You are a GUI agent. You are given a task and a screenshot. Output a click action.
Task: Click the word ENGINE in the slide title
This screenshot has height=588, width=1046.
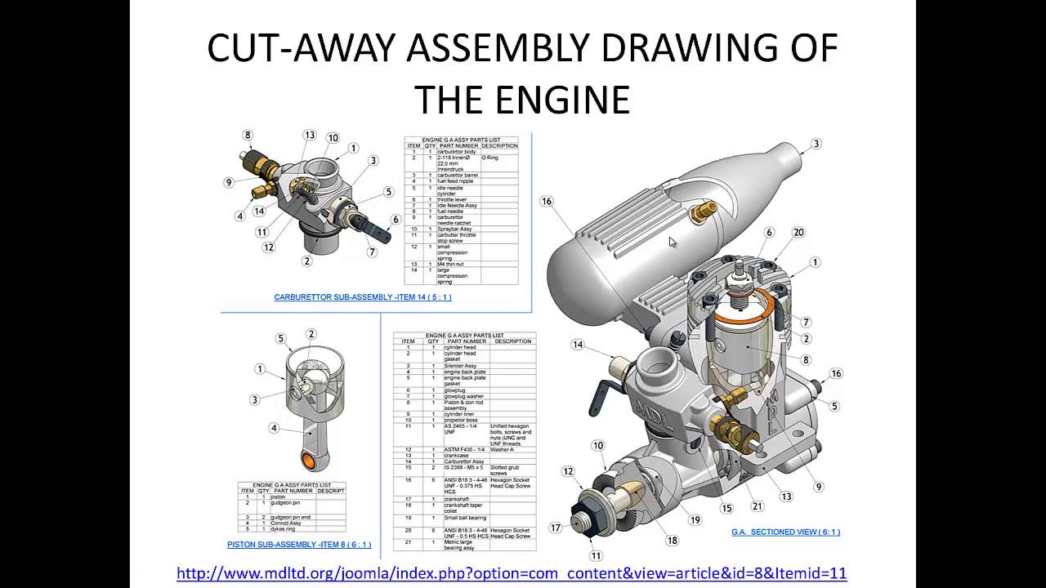[565, 98]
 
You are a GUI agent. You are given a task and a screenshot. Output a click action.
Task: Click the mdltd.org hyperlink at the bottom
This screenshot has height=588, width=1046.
[512, 573]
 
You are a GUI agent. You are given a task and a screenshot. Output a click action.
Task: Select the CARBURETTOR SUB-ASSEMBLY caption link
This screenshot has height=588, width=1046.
[363, 297]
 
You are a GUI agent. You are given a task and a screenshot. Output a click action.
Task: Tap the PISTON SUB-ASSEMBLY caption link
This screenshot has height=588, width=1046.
[299, 544]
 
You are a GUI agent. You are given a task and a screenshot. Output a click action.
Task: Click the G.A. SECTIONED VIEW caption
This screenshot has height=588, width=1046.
[785, 532]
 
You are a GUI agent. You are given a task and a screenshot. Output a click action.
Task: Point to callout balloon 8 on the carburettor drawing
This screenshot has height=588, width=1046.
[248, 136]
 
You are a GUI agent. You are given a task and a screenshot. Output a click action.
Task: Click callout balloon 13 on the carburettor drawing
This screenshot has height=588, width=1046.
[309, 136]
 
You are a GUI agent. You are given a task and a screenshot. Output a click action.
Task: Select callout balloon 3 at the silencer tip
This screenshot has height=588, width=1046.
[816, 145]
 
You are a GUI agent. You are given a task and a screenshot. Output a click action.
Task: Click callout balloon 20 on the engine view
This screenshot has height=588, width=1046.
[798, 233]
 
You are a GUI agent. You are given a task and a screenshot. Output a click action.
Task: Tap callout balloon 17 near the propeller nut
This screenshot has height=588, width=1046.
[556, 528]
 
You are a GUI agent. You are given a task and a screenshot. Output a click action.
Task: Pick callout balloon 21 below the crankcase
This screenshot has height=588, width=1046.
[758, 506]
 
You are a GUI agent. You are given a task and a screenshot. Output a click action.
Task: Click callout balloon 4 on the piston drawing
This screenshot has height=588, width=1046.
[275, 428]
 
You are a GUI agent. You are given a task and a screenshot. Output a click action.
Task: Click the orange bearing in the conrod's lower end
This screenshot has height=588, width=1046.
[309, 461]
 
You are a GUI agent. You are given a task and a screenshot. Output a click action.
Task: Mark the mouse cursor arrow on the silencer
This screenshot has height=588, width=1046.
[672, 243]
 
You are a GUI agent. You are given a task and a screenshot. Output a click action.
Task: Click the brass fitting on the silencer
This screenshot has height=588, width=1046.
[700, 214]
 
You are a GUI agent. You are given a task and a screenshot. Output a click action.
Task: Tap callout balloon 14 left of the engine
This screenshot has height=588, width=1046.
[578, 345]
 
